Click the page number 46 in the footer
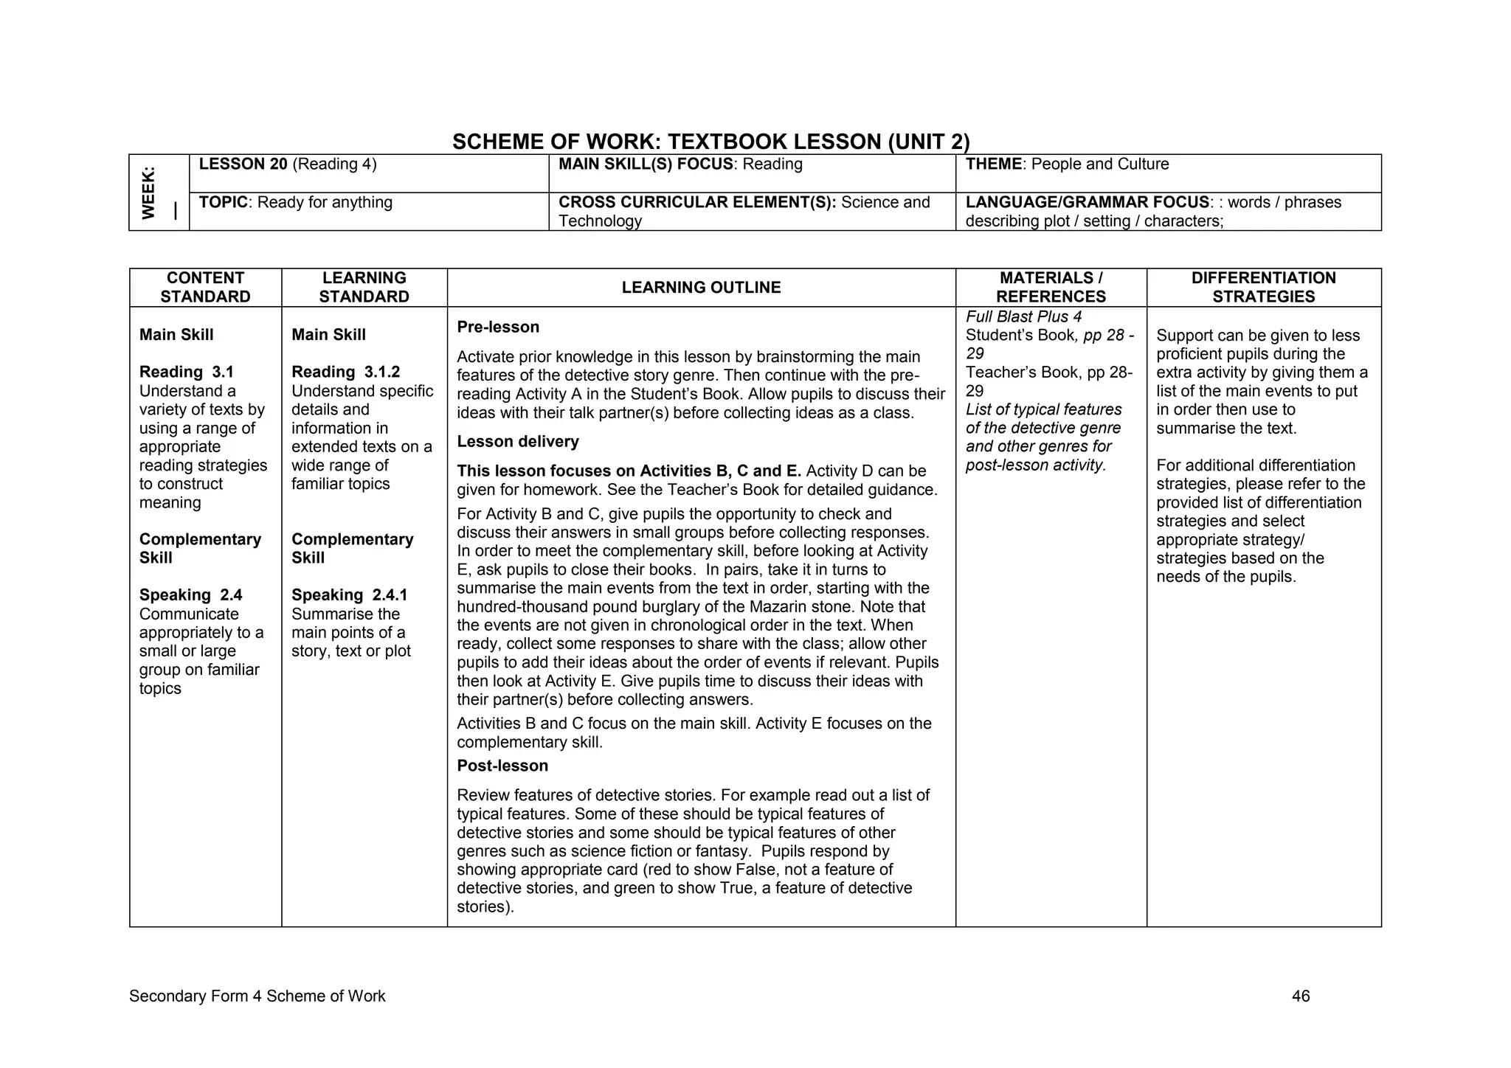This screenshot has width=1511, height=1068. coord(1301,996)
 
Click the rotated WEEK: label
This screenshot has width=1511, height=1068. coord(149,193)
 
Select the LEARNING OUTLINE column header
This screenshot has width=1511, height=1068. coord(701,288)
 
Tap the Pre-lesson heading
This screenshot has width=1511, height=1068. coord(498,327)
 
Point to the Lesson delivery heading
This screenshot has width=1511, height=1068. coord(518,442)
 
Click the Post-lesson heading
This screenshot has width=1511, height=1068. coord(502,766)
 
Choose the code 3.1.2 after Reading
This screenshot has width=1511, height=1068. coord(381,372)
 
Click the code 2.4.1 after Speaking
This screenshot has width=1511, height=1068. coord(390,595)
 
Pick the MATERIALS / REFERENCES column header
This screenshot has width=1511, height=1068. coord(1051,288)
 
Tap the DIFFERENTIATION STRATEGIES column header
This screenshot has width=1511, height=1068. coord(1263,288)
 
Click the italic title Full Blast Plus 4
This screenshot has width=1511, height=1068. coord(1023,317)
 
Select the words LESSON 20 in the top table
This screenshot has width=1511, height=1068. coord(243,164)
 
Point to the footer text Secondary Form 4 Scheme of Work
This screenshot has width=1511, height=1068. coord(257,996)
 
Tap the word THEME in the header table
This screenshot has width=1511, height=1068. coord(993,164)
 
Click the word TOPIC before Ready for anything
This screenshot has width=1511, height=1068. coord(223,203)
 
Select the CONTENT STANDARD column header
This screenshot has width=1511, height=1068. coord(205,288)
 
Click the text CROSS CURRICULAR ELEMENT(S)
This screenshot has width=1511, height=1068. coord(696,203)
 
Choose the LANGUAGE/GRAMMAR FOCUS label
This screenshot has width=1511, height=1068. coord(1087,203)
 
